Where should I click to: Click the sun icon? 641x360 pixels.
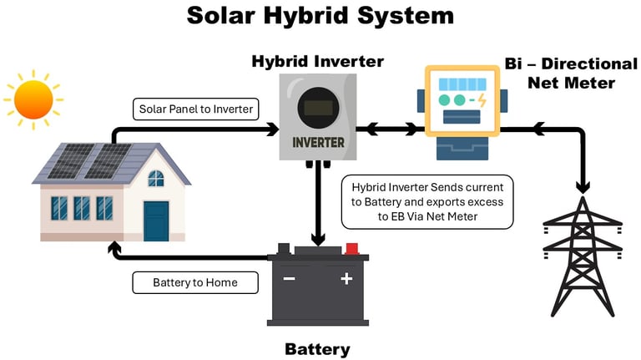tap(33, 100)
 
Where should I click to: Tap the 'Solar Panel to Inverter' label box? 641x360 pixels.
tap(196, 109)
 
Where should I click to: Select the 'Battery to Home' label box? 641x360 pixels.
tap(195, 282)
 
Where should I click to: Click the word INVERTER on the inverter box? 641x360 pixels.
tap(319, 142)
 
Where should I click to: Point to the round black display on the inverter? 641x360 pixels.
tap(319, 107)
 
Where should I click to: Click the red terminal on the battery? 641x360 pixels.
tap(352, 249)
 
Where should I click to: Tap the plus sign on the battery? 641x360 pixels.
tap(346, 279)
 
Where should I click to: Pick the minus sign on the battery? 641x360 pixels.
tap(289, 279)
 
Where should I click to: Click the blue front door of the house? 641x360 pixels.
tap(156, 221)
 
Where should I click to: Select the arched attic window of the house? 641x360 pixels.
tap(156, 179)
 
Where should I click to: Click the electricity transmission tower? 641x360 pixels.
tap(583, 256)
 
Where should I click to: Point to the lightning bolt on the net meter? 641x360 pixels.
tap(482, 100)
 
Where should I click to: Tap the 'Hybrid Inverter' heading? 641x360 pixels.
tap(318, 62)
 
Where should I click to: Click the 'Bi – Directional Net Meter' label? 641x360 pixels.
tap(571, 74)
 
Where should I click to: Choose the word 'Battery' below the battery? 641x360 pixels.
tap(318, 349)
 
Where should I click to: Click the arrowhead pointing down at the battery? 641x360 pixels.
tap(318, 240)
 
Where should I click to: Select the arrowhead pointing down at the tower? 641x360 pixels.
tap(583, 187)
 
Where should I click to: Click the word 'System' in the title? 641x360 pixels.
tap(406, 16)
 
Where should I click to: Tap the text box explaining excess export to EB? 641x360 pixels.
tap(427, 202)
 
